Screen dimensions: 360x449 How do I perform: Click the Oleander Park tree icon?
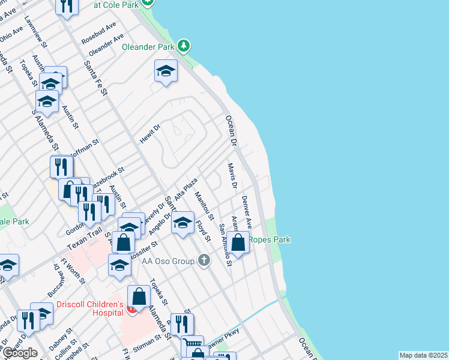pos(184,46)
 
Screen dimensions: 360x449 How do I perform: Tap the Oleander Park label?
pos(148,46)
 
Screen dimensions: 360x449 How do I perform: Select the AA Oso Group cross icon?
pos(204,260)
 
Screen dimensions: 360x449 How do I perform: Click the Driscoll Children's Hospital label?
pos(89,308)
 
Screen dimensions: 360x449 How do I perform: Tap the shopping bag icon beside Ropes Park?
pos(238,243)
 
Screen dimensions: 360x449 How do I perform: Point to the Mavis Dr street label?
pos(232,175)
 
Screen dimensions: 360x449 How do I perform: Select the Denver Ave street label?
pos(246,209)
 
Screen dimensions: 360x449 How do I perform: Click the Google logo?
pos(20,353)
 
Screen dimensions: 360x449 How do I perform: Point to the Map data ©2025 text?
pos(423,355)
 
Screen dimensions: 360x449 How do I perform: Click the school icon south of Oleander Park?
pos(166,72)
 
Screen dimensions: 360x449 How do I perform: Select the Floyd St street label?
pos(203,231)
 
